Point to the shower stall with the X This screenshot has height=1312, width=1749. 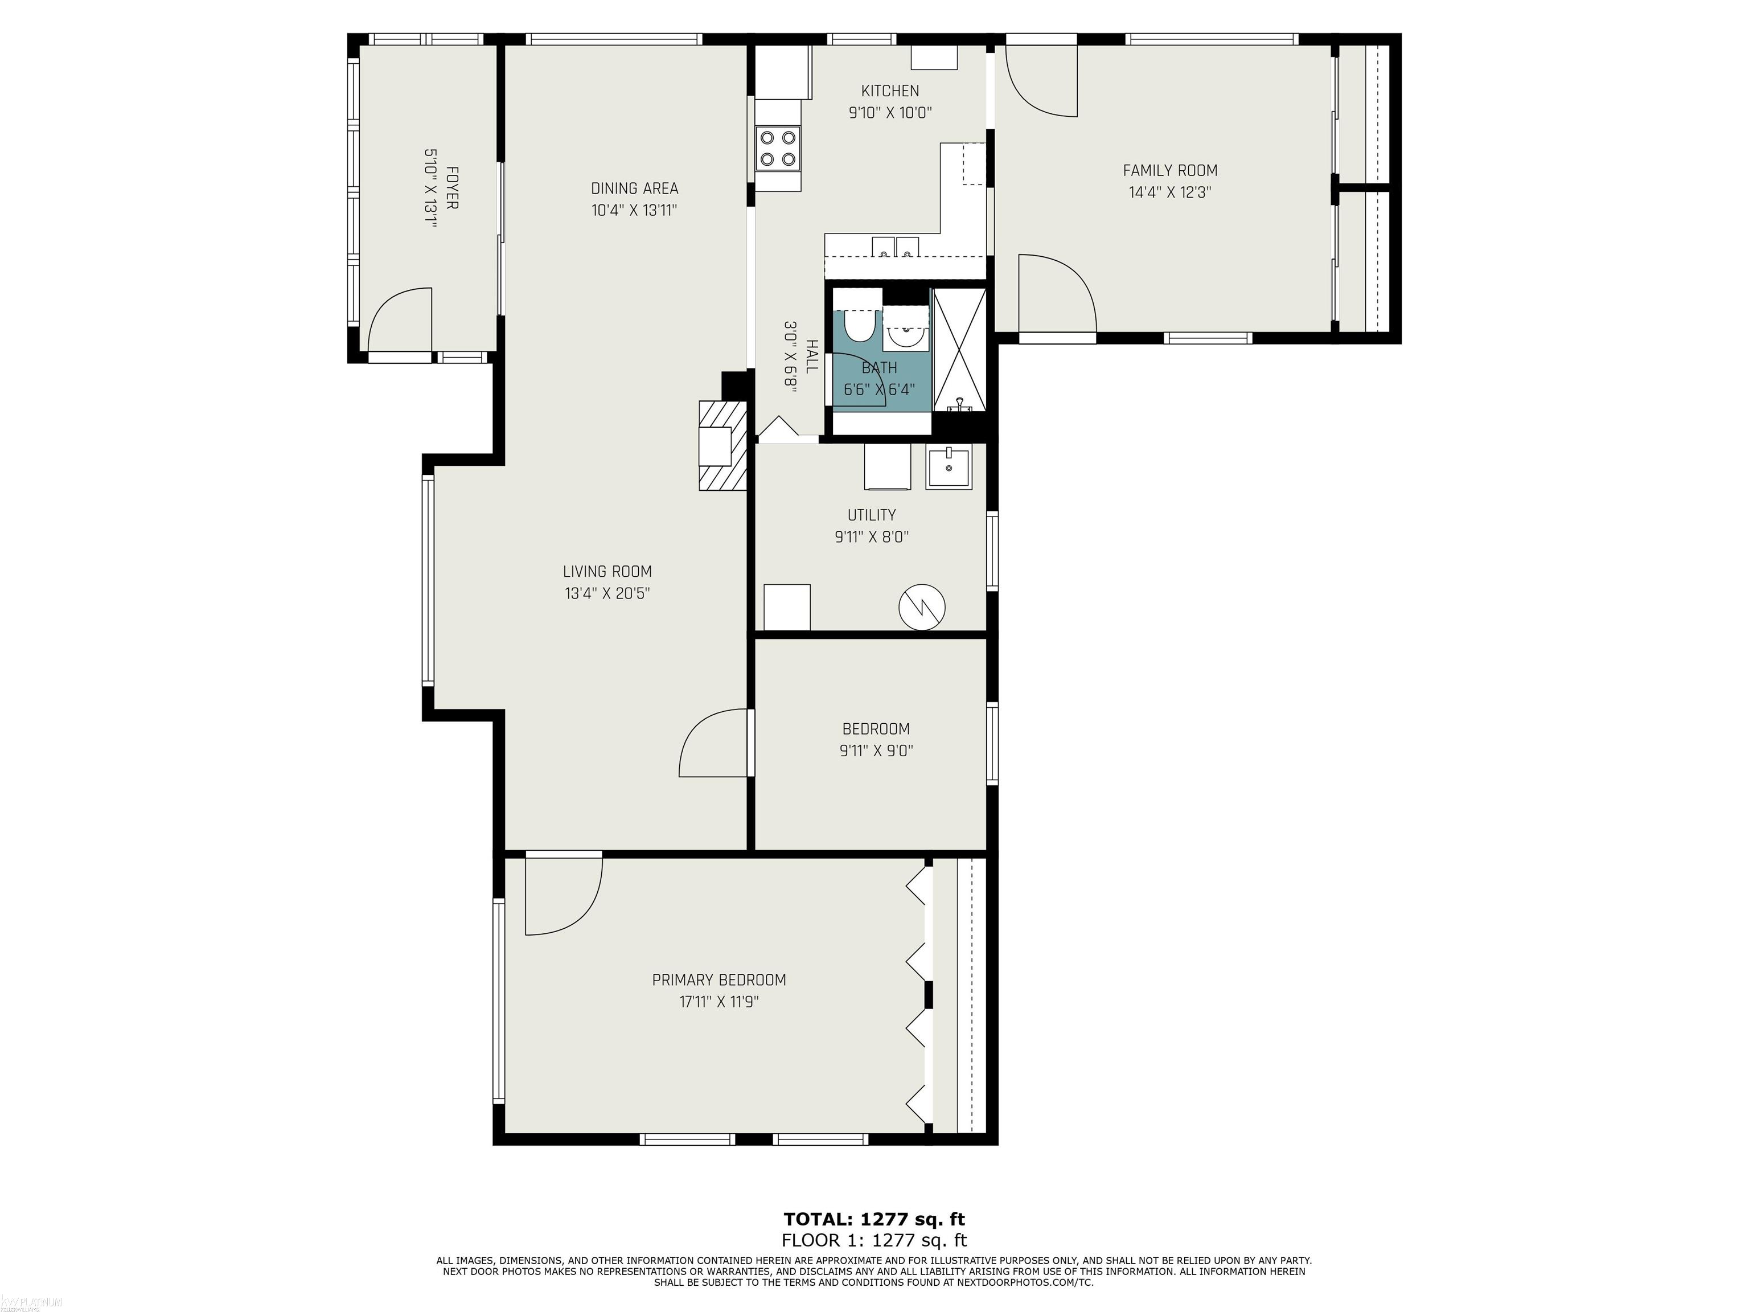960,350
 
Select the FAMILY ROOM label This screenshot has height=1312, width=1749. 1170,170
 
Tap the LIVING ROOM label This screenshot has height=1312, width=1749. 607,572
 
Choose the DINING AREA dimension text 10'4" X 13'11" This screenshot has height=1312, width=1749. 634,210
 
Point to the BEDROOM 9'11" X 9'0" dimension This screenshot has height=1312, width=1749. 876,751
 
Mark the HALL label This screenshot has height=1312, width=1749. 811,356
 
